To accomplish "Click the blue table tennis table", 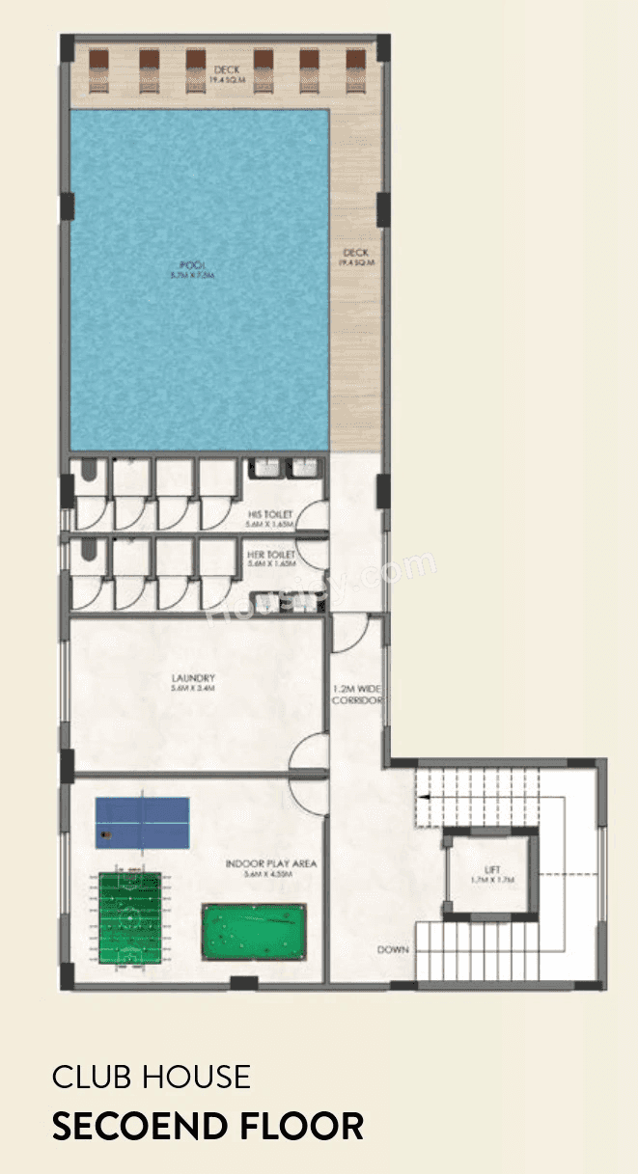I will [142, 822].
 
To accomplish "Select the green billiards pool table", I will [254, 931].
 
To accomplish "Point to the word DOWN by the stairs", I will [393, 950].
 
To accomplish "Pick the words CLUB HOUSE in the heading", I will [152, 1077].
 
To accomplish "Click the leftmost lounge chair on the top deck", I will [99, 70].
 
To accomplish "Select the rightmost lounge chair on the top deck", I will [354, 70].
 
